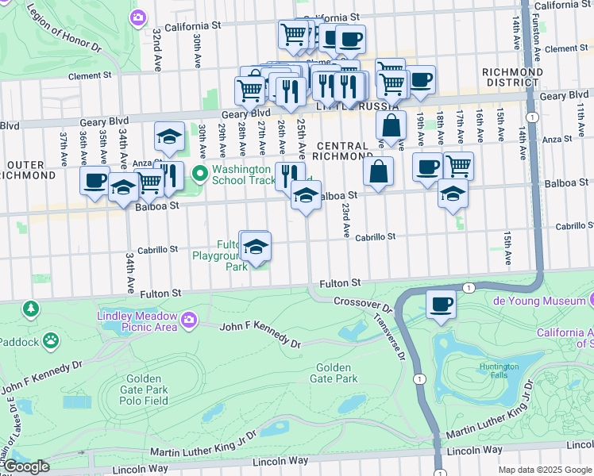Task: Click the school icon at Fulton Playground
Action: point(256,248)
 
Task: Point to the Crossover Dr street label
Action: point(363,304)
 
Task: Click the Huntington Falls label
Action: point(499,371)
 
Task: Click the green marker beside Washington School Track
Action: point(200,172)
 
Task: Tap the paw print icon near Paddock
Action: point(51,341)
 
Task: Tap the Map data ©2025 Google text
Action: point(545,470)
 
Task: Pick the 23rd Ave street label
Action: point(346,220)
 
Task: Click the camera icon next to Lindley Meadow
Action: point(189,320)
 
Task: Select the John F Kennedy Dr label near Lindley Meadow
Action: point(260,334)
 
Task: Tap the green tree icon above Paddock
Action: point(30,307)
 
